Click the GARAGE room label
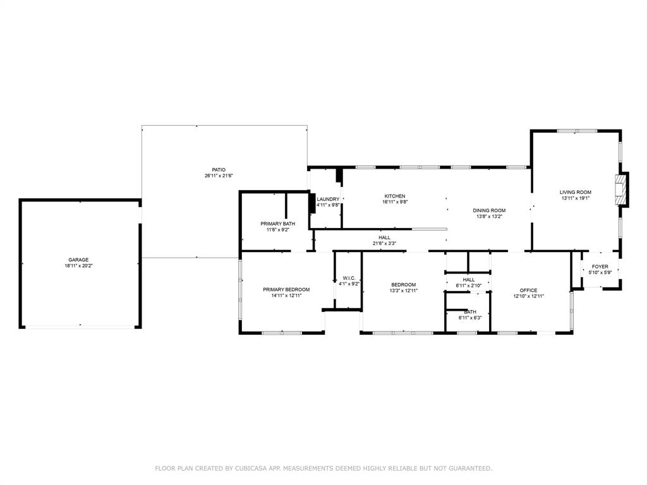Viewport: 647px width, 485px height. coord(78,260)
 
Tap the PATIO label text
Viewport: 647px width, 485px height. coord(219,170)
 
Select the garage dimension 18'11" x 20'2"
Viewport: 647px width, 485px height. coord(78,266)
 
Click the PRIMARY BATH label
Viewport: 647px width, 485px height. coord(278,224)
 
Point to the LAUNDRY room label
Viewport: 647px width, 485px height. coord(328,199)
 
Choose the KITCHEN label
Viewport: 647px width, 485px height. coord(395,196)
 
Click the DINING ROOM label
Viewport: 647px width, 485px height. coord(489,211)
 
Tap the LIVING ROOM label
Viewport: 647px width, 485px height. coord(575,192)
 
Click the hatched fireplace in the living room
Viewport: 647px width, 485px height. coord(620,189)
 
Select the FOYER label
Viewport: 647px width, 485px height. coord(600,267)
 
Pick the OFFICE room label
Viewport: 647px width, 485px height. coord(529,290)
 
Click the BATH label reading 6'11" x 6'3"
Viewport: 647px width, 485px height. coord(470,312)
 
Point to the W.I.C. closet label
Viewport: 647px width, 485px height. coord(349,278)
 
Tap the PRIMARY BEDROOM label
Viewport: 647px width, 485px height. coord(286,290)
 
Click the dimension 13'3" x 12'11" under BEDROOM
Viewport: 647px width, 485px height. coord(404,290)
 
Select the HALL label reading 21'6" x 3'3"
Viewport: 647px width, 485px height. coord(385,237)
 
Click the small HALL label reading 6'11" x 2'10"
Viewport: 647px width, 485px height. coord(469,280)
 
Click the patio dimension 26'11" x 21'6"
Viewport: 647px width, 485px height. coord(219,176)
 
